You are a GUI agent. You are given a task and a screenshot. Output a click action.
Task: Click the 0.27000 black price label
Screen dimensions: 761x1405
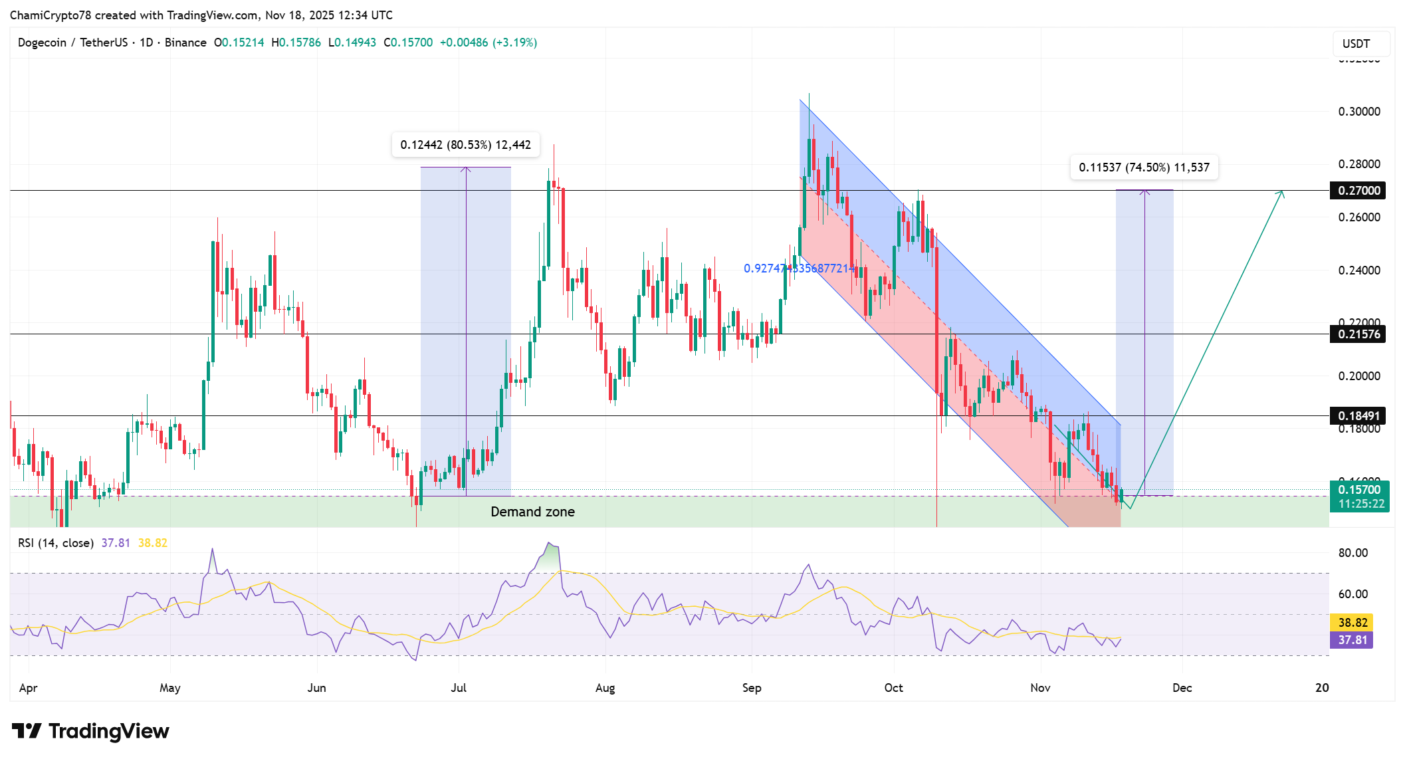click(1358, 191)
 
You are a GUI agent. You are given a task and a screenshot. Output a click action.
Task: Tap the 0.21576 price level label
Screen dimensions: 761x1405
click(1358, 334)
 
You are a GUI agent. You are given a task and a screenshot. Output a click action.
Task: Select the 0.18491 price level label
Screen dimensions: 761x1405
click(1358, 416)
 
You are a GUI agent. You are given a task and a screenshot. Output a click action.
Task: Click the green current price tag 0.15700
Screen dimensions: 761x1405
click(1358, 490)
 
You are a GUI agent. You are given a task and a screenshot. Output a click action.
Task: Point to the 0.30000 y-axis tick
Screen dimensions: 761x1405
click(1358, 112)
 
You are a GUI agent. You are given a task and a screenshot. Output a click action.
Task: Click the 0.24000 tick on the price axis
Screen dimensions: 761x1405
click(1358, 271)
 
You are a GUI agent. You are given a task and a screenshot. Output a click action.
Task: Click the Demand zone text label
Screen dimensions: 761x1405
click(532, 512)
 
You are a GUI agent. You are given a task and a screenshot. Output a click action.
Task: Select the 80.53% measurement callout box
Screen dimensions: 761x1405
click(465, 145)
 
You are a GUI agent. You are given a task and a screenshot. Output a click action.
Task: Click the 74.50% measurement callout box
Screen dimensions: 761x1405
click(1144, 167)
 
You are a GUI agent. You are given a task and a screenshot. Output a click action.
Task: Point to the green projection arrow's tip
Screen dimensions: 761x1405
click(1283, 192)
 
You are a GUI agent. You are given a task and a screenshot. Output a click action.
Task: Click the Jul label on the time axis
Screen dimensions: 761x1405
click(459, 688)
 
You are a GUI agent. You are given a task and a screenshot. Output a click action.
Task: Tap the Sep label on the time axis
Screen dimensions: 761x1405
click(752, 688)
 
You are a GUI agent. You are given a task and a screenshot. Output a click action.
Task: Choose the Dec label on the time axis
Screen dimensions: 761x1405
click(1182, 688)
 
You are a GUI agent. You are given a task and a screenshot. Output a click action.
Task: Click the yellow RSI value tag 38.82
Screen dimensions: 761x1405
click(1352, 623)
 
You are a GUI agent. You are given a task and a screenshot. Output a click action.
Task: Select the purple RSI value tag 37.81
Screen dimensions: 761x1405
click(1352, 640)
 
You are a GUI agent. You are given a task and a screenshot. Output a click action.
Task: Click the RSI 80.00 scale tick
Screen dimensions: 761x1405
click(1352, 553)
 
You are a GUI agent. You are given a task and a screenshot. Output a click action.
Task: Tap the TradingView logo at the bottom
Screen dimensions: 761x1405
click(91, 731)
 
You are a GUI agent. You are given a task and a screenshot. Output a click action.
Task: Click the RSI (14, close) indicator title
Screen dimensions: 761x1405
click(56, 543)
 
